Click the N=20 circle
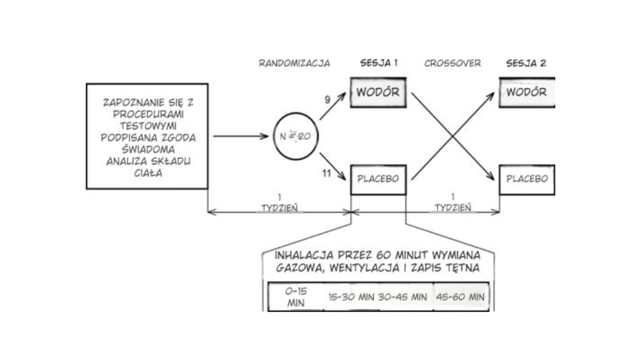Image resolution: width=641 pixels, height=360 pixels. point(296,137)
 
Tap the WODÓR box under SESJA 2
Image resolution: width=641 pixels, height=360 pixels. point(526,92)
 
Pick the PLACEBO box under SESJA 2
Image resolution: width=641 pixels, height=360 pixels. point(526,179)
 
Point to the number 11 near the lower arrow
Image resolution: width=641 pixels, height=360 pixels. point(326,173)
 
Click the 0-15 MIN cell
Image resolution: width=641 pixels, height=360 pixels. point(295,298)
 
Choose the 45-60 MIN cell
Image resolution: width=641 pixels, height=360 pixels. point(460,298)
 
